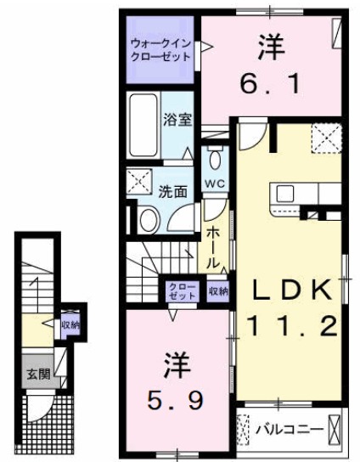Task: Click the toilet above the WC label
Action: (214, 160)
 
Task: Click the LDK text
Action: (289, 290)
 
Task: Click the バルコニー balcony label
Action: (290, 430)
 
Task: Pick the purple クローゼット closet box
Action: (183, 291)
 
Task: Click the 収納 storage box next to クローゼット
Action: (217, 291)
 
